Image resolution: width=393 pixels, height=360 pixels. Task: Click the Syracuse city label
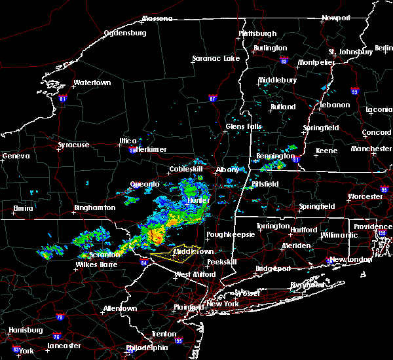coord(73,144)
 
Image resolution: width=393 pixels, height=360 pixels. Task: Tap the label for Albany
coord(228,170)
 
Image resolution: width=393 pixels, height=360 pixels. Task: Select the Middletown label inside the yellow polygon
coord(193,251)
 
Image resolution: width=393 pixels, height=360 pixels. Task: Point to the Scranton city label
coord(105,254)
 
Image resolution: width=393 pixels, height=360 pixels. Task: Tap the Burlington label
coord(271,48)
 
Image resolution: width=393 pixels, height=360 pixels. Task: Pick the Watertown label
coord(92,83)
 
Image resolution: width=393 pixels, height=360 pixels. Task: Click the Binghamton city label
coord(94,207)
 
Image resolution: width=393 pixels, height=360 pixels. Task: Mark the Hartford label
coord(301,230)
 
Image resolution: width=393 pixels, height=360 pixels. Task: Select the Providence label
coord(373,226)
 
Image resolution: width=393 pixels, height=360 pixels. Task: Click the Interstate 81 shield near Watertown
coord(63,99)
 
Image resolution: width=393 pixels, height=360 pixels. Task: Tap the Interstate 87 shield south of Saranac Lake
coord(212,99)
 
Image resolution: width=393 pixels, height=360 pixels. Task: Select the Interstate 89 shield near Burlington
coord(284,60)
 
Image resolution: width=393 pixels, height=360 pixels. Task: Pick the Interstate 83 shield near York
coord(15,350)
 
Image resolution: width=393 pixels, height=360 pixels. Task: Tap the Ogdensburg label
coord(126,33)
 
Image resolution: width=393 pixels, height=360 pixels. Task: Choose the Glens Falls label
coord(244,126)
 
